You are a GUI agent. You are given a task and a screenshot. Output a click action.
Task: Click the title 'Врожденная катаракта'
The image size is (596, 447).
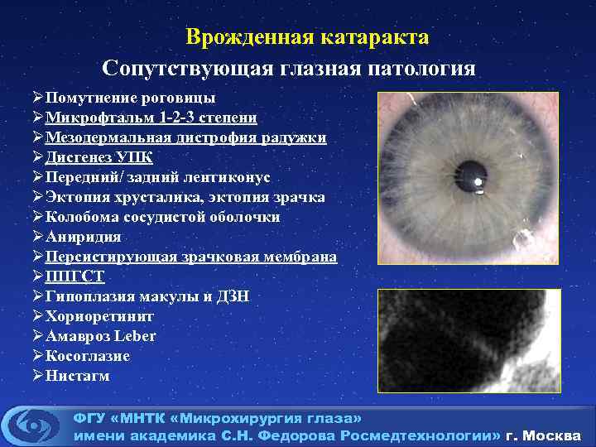[x=307, y=37]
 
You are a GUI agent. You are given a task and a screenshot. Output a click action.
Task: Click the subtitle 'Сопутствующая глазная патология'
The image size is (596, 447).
[x=289, y=68]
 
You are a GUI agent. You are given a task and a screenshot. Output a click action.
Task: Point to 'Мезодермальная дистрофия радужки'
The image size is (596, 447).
[x=185, y=137]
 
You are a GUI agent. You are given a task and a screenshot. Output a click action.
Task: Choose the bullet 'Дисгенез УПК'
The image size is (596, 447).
[x=99, y=157]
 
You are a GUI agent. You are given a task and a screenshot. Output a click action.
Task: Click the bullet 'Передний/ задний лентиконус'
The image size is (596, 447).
[x=157, y=177]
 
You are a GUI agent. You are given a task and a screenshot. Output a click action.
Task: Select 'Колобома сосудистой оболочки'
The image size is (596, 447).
[x=162, y=217]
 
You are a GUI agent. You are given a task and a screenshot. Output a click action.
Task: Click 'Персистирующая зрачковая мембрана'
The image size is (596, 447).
[x=191, y=257]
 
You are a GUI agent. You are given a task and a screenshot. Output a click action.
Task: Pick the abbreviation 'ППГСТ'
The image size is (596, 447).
[x=75, y=276]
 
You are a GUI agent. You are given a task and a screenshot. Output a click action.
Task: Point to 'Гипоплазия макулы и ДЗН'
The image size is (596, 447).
[x=147, y=296]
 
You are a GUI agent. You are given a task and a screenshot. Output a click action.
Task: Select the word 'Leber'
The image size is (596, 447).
[x=135, y=336]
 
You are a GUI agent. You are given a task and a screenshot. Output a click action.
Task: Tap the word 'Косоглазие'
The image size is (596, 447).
[x=88, y=356]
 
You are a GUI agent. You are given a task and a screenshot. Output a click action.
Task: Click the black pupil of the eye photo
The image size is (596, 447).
[x=472, y=171]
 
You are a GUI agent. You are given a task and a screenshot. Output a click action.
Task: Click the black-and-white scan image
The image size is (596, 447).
[x=469, y=339]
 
